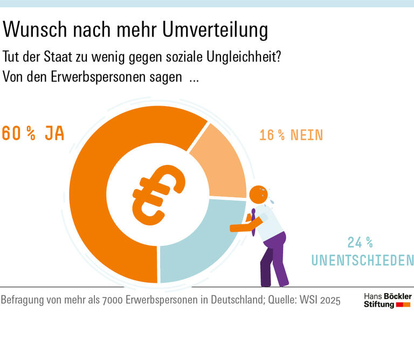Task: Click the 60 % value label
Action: [19, 133]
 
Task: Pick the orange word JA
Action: [54, 133]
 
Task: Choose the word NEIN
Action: [307, 135]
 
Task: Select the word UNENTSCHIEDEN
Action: [362, 261]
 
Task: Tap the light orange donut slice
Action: [216, 162]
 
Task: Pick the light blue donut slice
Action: [194, 248]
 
